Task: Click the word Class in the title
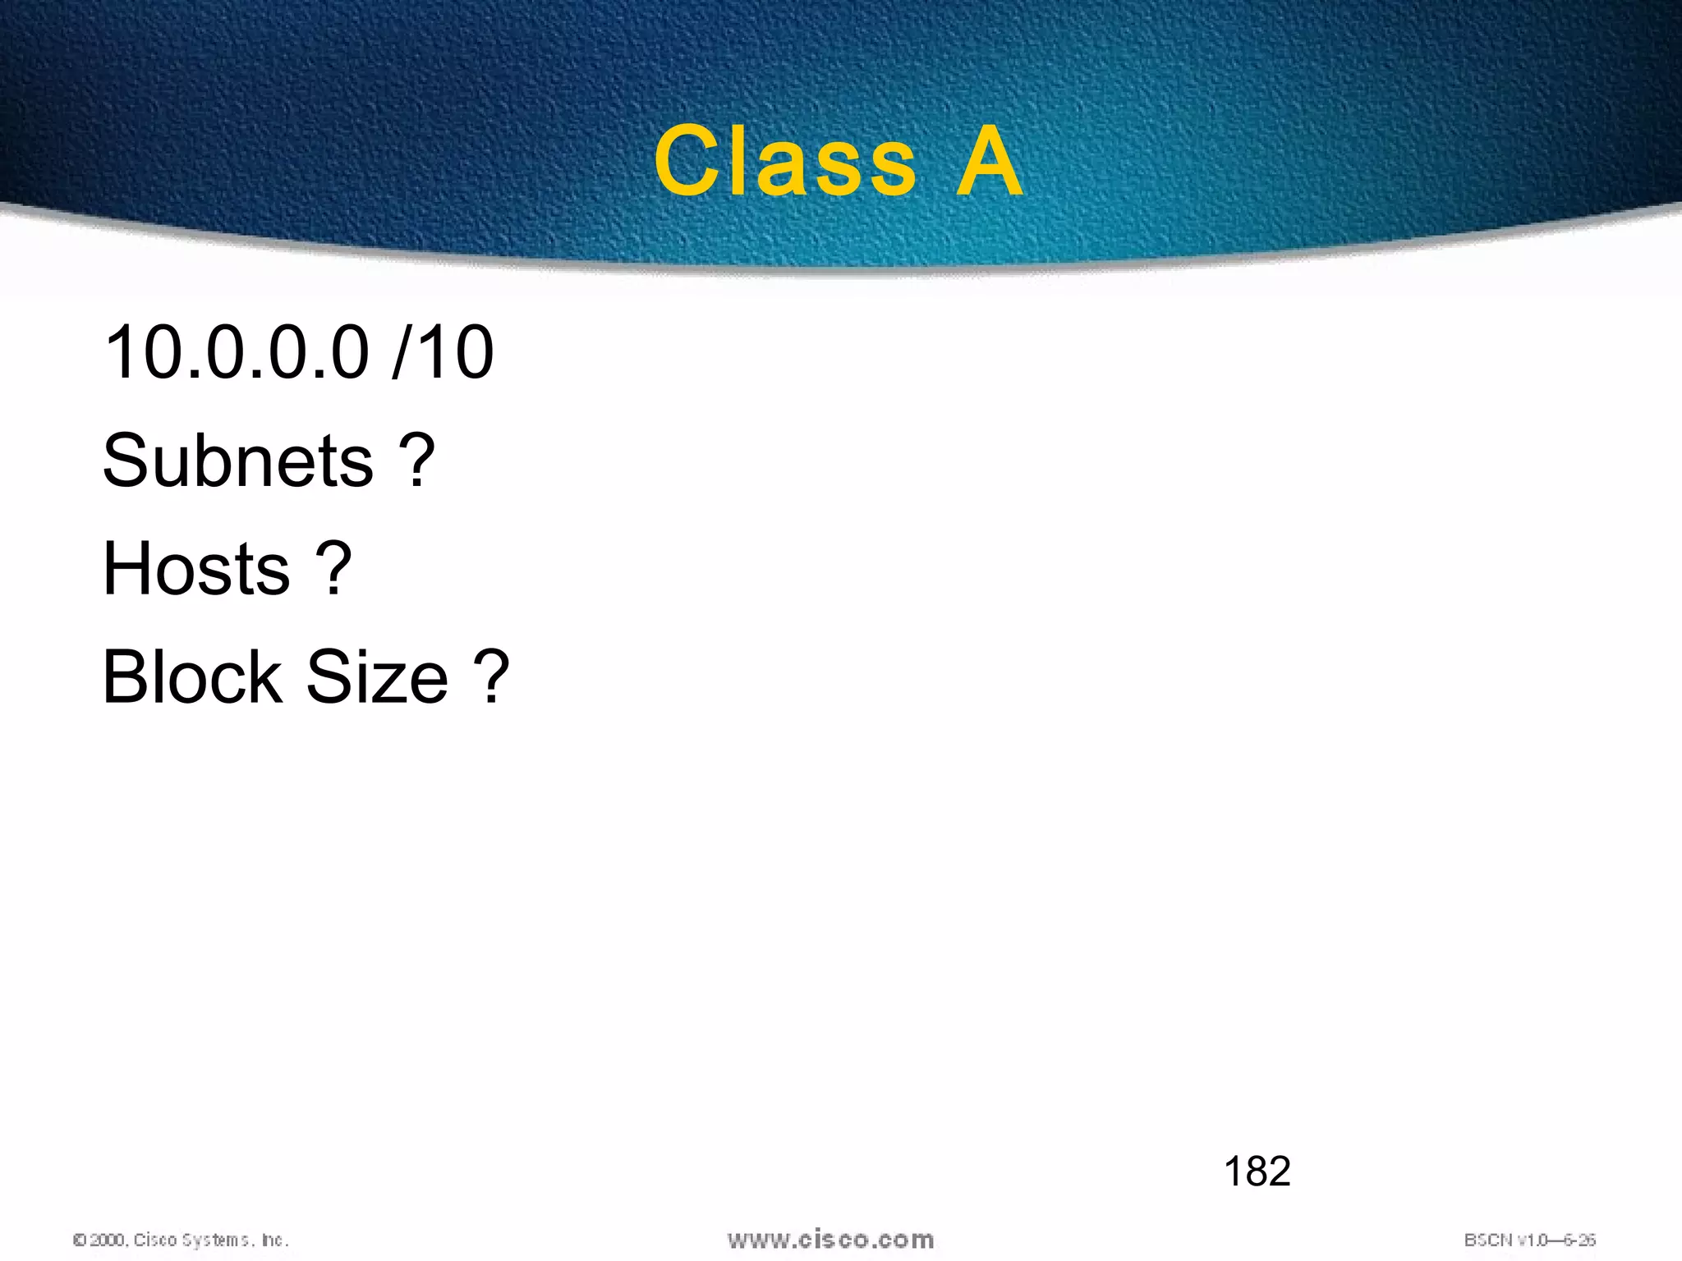tap(785, 162)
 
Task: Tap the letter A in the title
tap(990, 162)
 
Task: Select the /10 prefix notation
tap(444, 352)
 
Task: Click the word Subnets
tap(238, 461)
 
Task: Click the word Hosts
tap(196, 569)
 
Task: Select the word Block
tap(192, 677)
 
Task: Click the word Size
tap(377, 677)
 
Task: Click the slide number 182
tap(1257, 1171)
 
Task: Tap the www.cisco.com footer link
tap(830, 1240)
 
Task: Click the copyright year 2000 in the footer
tap(108, 1240)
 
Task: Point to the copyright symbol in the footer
tap(80, 1240)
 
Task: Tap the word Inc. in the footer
tap(275, 1240)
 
